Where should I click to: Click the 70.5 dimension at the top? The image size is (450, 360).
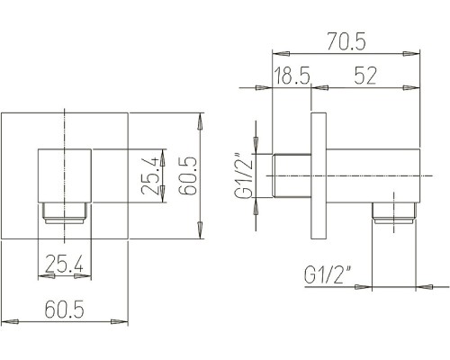(346, 41)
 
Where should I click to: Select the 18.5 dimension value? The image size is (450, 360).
(292, 76)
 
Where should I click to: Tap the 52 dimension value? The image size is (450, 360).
(364, 76)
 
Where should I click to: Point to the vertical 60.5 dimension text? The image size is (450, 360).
(188, 176)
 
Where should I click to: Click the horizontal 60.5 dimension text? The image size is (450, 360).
(65, 310)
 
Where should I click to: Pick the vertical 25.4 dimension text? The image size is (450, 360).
(151, 175)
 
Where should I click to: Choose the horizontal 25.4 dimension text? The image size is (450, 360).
(64, 264)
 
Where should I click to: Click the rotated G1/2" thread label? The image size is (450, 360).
(243, 176)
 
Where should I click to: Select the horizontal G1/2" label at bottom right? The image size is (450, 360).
(328, 274)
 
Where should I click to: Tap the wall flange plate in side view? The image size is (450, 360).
(319, 175)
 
